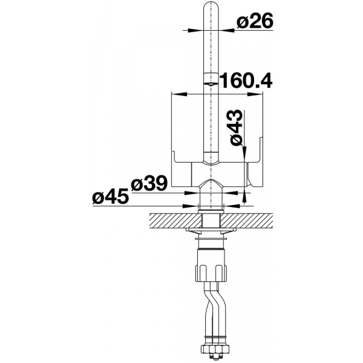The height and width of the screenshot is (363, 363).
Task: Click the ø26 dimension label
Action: [255, 21]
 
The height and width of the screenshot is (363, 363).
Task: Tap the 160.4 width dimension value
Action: [246, 80]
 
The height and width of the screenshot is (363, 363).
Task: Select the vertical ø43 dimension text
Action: [235, 128]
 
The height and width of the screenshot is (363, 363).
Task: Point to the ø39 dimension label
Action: [149, 183]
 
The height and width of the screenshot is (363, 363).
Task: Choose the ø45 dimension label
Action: [111, 196]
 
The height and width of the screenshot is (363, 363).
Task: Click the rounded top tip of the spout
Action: [211, 3]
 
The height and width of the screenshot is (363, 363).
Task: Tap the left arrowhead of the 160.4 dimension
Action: [179, 94]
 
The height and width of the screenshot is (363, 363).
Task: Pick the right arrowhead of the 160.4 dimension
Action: [255, 94]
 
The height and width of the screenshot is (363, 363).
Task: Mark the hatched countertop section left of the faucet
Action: [175, 221]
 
